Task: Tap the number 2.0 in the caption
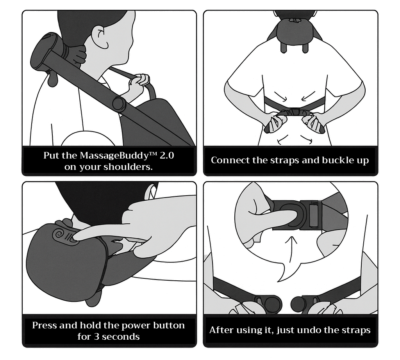(166, 155)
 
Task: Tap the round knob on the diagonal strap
(119, 103)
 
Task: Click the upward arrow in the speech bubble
(291, 250)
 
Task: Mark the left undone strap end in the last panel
(268, 303)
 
